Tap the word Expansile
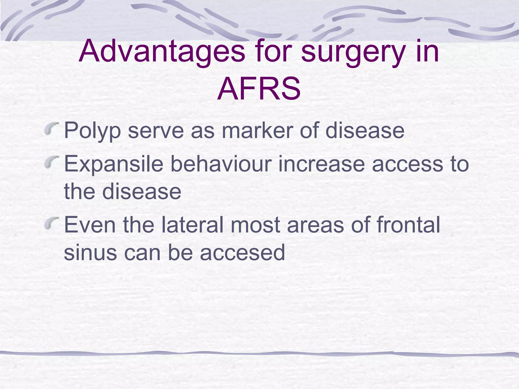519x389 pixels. click(x=114, y=164)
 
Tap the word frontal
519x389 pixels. click(x=408, y=225)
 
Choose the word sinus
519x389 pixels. click(x=90, y=252)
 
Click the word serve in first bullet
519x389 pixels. click(x=156, y=131)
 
